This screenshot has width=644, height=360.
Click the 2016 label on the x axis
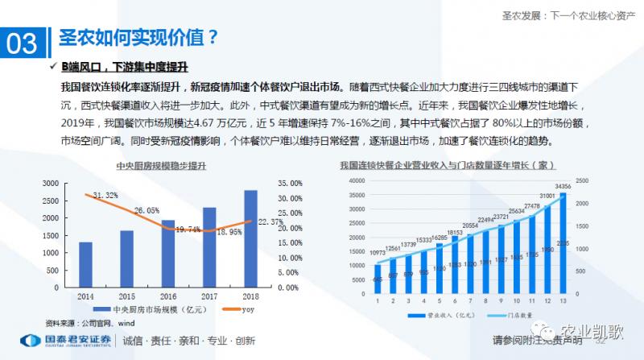click(167, 296)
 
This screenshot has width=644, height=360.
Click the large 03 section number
click(23, 43)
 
